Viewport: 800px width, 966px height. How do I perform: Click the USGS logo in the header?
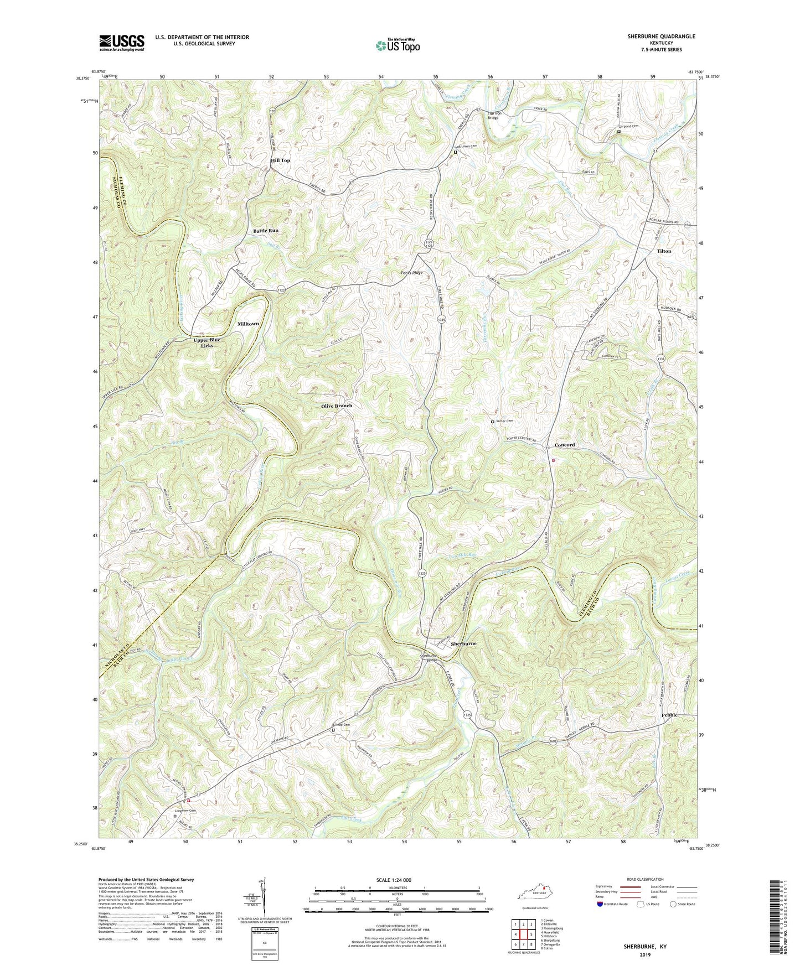[x=122, y=43]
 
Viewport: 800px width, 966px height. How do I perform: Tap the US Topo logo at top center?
[x=398, y=45]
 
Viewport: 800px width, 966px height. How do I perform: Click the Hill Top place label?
[x=280, y=160]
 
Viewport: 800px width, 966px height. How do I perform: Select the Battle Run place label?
[x=266, y=231]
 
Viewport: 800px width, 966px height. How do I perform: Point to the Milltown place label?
[x=248, y=324]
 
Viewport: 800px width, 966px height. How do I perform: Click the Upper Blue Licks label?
[x=207, y=342]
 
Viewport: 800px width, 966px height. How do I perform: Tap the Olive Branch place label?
[x=337, y=406]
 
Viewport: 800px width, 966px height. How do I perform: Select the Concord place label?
[x=565, y=445]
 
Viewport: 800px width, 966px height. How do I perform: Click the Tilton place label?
[x=664, y=251]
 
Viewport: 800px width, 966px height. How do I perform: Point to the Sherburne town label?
[x=463, y=644]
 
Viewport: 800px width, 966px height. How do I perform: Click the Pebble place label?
[x=669, y=715]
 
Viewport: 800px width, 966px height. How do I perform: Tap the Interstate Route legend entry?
[x=612, y=904]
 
